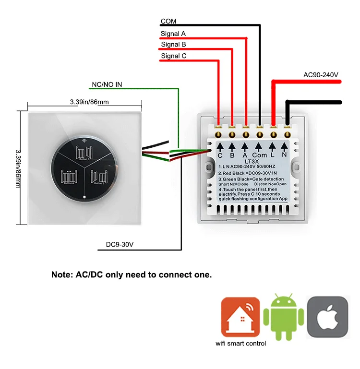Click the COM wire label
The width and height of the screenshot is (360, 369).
[x=168, y=21]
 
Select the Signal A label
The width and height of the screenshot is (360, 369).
[x=173, y=34]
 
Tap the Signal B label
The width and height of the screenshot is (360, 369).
[x=173, y=45]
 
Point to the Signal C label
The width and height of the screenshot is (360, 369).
[x=174, y=56]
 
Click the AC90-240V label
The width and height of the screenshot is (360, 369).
[x=321, y=75]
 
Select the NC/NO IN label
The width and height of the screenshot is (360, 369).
[x=107, y=85]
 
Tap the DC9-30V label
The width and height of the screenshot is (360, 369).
[x=120, y=245]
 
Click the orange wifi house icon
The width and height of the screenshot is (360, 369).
[x=240, y=317]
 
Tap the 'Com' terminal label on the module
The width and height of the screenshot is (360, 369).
[x=259, y=155]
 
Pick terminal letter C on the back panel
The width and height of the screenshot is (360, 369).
[x=220, y=155]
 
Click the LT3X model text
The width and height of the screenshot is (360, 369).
[x=252, y=162]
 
